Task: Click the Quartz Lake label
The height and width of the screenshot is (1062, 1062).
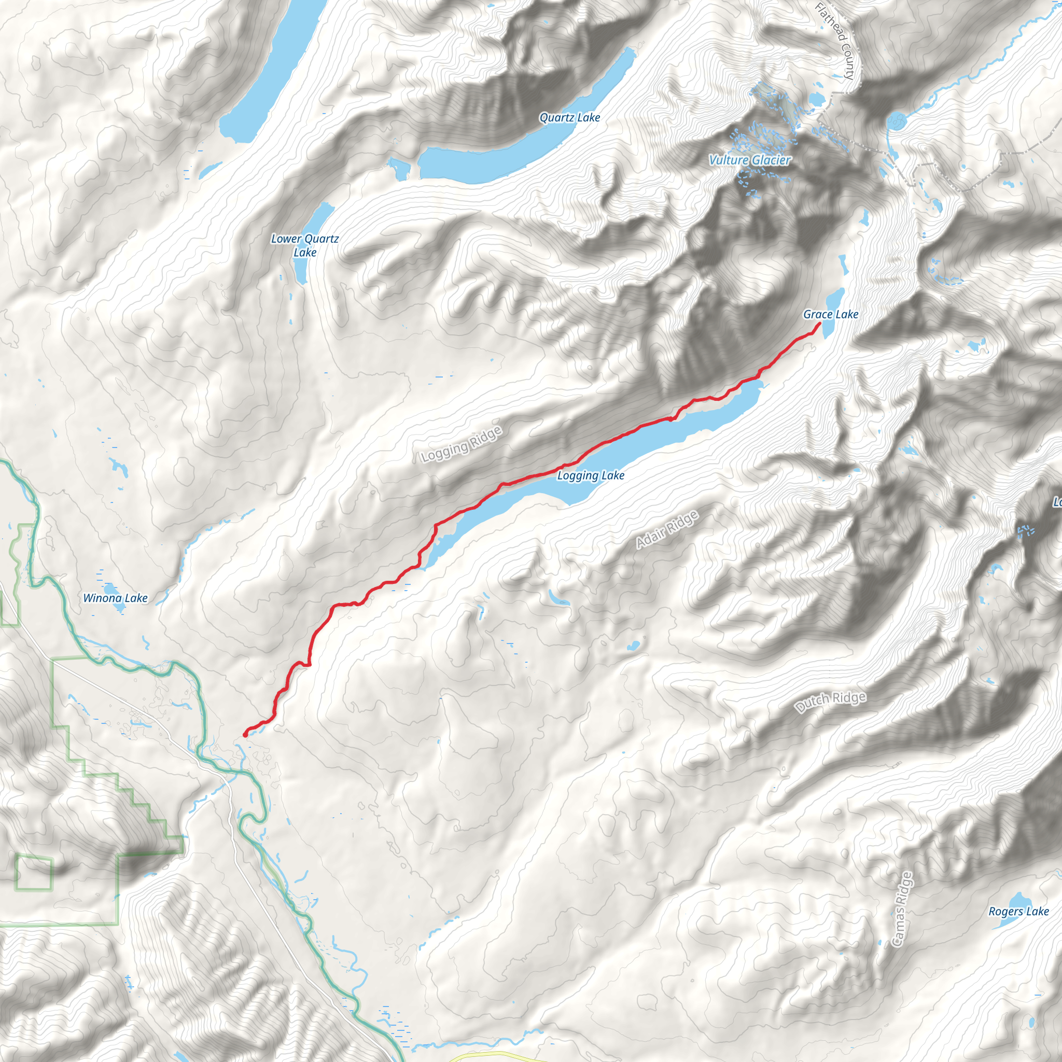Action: point(569,118)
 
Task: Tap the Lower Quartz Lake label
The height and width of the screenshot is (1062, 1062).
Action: point(304,245)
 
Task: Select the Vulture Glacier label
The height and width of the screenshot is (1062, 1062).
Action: point(749,160)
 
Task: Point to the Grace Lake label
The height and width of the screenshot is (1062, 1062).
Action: point(831,314)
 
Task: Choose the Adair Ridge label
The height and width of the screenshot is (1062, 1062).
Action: point(667,529)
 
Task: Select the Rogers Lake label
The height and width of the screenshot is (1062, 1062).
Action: point(1018,912)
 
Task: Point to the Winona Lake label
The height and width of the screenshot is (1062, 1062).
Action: point(116,598)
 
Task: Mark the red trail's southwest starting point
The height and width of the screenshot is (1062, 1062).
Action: point(245,734)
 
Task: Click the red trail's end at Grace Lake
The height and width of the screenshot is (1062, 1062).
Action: point(820,324)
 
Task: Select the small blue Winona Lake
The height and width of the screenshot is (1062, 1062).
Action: point(117,607)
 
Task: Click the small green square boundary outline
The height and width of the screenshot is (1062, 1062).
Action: point(34,873)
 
